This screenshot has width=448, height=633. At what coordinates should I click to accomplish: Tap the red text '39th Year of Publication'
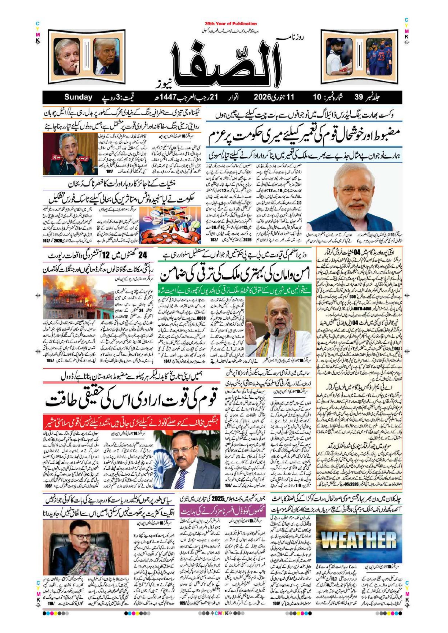231,24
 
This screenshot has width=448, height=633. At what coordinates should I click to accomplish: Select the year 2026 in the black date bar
263,97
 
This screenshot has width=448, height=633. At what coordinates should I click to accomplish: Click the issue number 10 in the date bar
317,97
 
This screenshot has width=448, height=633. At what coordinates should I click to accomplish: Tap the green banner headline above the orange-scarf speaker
234,287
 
